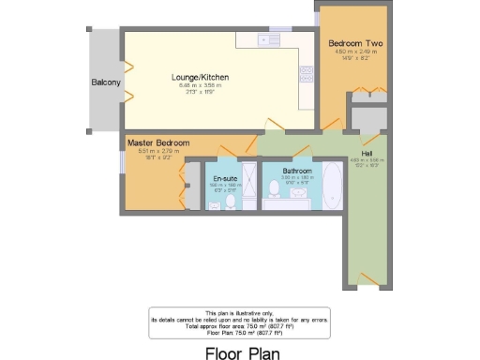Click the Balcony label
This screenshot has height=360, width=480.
pyautogui.click(x=106, y=82)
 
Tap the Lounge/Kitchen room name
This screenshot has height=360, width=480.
pyautogui.click(x=201, y=77)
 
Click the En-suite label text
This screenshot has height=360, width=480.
pyautogui.click(x=223, y=177)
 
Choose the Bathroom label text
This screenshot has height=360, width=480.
pyautogui.click(x=285, y=171)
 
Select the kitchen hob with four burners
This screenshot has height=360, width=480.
pyautogui.click(x=306, y=72)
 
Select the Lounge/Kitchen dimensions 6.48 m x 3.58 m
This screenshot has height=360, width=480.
pyautogui.click(x=201, y=86)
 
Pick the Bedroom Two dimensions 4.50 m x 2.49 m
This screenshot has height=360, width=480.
pyautogui.click(x=352, y=52)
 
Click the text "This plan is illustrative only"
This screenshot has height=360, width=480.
pyautogui.click(x=240, y=311)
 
